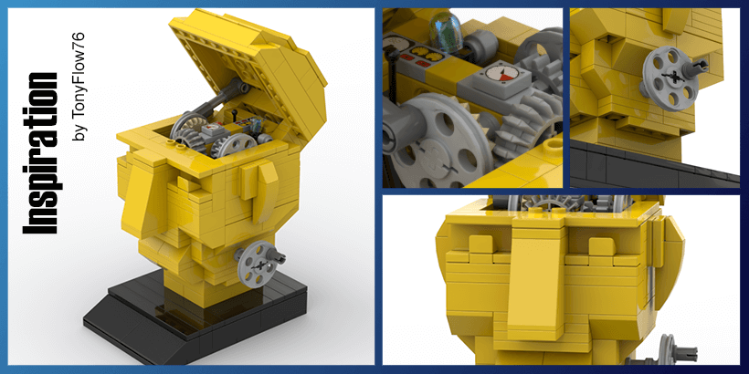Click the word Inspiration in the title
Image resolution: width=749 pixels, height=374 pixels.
(40, 153)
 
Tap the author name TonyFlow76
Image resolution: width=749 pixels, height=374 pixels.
(79, 87)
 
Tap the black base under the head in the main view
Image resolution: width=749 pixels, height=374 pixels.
(195, 317)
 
